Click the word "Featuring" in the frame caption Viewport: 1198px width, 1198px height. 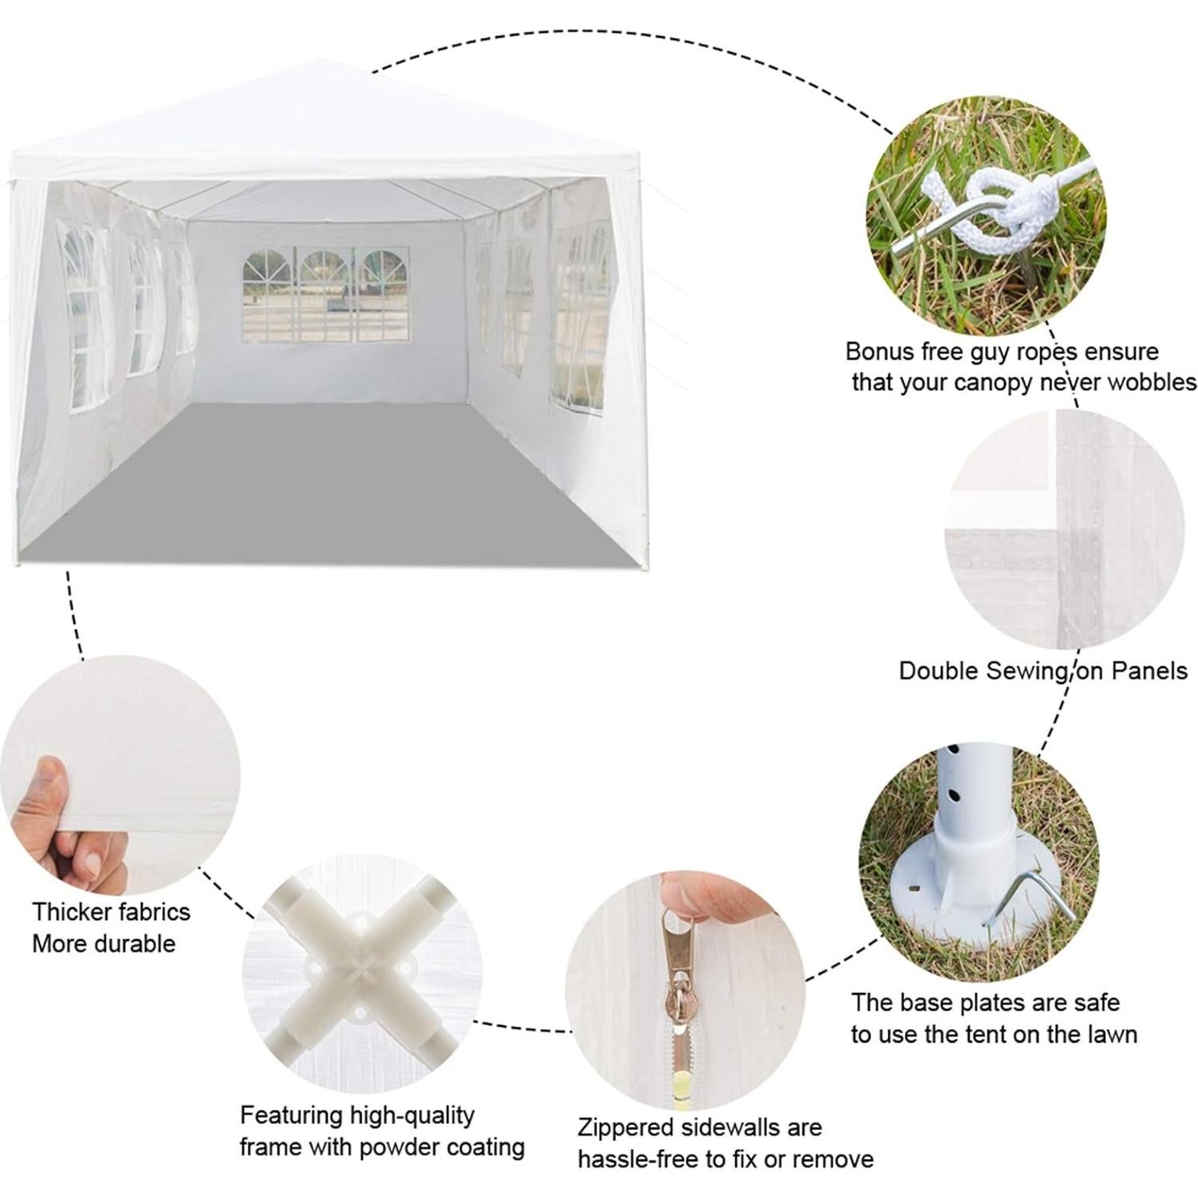pos(292,1116)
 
